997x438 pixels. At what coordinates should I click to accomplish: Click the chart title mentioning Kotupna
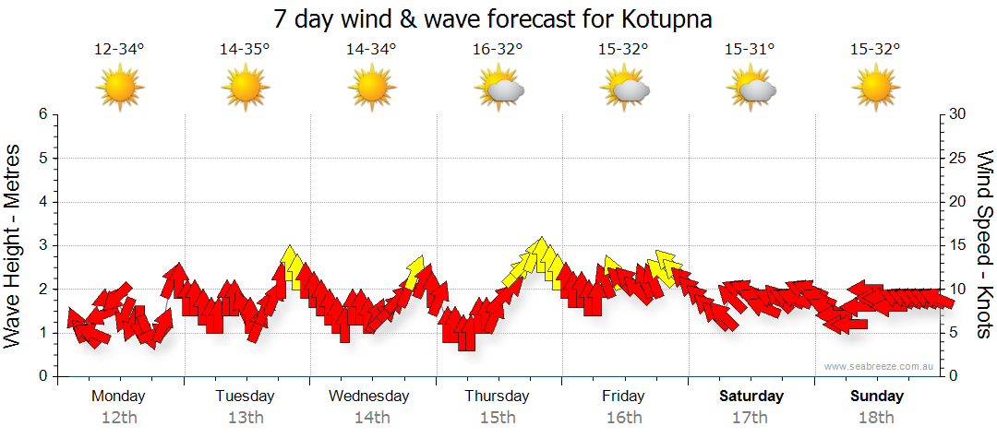click(x=494, y=19)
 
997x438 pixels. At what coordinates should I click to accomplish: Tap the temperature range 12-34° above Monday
click(x=119, y=50)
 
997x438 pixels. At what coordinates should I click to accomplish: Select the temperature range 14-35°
click(x=245, y=50)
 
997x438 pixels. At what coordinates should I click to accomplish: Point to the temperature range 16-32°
click(x=498, y=50)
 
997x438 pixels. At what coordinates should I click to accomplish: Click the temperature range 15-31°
click(x=750, y=50)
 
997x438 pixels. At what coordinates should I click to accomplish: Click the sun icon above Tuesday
click(x=245, y=89)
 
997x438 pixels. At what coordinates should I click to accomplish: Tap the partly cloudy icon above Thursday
click(x=499, y=89)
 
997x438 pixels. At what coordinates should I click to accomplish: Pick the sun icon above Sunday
click(x=875, y=89)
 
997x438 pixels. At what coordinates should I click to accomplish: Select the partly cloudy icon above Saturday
click(x=751, y=89)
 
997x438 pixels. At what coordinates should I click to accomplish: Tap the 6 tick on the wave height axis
click(x=42, y=114)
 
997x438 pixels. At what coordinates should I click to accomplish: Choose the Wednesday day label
click(x=369, y=397)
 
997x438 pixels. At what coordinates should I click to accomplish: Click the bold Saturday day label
click(x=751, y=397)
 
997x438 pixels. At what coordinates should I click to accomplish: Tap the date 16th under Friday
click(x=624, y=418)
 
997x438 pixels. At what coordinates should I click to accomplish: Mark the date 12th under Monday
click(x=119, y=418)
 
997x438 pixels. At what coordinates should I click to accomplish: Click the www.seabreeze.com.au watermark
click(x=881, y=367)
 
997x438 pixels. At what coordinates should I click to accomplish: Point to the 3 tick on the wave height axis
click(x=42, y=245)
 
